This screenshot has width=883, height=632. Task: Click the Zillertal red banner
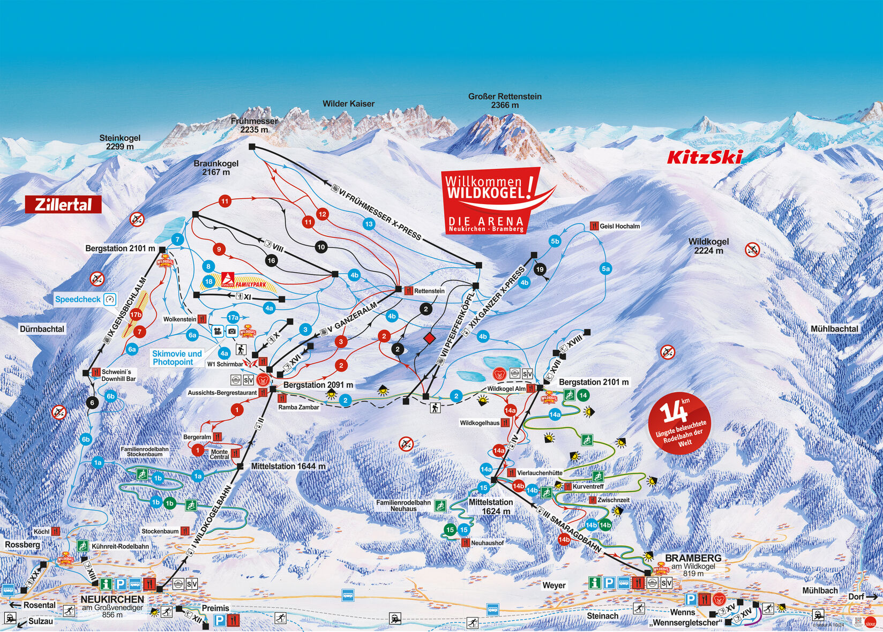point(63,205)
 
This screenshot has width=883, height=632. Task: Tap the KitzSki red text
point(705,157)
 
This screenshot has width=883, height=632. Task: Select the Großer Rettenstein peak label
point(505,100)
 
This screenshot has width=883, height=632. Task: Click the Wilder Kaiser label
point(348,103)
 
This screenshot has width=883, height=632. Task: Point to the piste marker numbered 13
point(369,224)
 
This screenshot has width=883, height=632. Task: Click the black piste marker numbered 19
point(540,269)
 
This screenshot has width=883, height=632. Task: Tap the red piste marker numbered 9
point(218,249)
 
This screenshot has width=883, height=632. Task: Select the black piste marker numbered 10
point(321,247)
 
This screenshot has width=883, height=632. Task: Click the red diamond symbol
point(429,338)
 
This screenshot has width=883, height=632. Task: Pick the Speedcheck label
point(78,299)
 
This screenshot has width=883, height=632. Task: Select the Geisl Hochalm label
point(619,226)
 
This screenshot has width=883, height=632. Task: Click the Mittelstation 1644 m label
point(288,467)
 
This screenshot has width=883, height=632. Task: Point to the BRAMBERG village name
point(693,558)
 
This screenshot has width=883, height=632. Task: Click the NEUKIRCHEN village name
point(112,599)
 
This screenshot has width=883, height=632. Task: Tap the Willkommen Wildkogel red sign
point(489,198)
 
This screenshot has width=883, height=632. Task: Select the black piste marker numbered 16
point(271,260)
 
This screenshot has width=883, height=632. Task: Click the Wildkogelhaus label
point(480,423)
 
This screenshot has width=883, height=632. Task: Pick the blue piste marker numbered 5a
point(605,269)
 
